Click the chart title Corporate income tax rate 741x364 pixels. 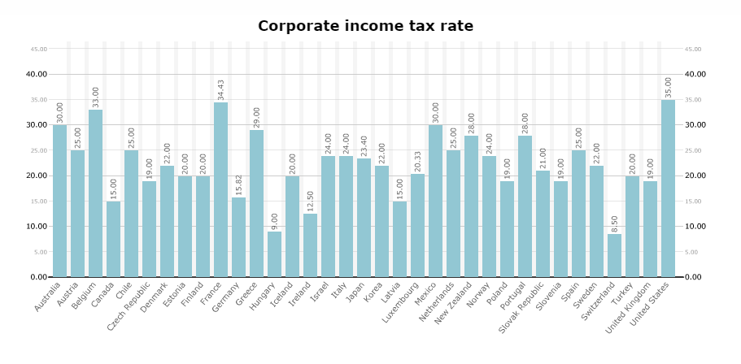point(365,26)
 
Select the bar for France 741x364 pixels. point(221,189)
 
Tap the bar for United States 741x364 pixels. point(668,188)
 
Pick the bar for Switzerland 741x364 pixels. point(614,255)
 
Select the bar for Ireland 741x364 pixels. point(311,245)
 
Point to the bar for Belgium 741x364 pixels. point(96,193)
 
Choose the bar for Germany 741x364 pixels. point(239,237)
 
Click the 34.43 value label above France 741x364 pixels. point(221,86)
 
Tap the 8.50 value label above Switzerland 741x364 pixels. point(614,221)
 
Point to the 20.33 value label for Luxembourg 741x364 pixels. point(418,160)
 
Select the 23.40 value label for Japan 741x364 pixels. point(364,145)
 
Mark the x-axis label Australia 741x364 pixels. point(48,297)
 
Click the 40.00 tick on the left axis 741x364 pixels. point(37,74)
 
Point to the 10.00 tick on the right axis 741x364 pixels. point(695,227)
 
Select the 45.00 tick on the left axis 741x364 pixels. point(38,49)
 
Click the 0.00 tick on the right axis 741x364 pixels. point(693,277)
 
